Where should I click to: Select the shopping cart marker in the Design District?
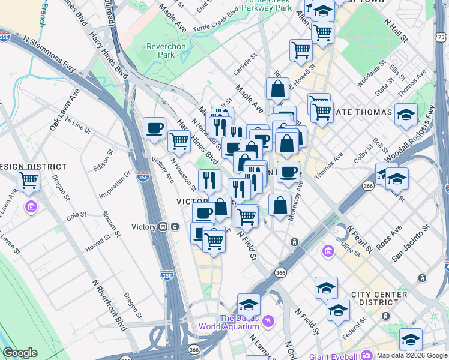(28, 179)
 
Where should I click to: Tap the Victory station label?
(143, 227)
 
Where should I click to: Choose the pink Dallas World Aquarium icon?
(268, 322)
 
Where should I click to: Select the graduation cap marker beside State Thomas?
(406, 114)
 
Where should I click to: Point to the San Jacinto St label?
(411, 243)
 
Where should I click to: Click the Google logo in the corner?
(20, 352)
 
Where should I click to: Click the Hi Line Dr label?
(79, 126)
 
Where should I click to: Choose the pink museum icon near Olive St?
(328, 250)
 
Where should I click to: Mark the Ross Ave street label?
(388, 238)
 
